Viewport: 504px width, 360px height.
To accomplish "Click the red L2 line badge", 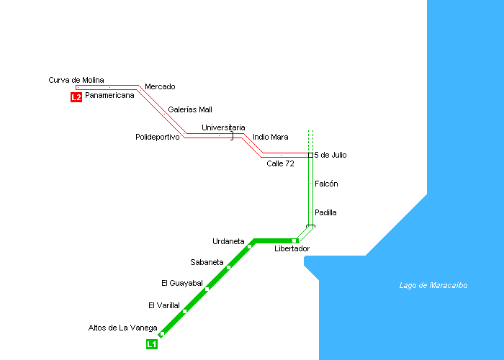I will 76,97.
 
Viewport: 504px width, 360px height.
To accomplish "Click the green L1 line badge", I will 151,344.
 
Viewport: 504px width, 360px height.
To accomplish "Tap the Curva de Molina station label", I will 76,80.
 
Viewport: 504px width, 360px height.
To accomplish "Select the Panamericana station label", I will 109,95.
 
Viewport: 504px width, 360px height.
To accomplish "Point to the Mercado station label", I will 160,87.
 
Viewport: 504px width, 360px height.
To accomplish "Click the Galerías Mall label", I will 190,110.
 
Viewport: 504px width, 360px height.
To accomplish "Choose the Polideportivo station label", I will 157,137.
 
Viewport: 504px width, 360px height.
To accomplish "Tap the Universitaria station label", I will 223,127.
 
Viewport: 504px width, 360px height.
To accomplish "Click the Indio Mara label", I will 271,137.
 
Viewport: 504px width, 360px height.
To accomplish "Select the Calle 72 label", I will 280,163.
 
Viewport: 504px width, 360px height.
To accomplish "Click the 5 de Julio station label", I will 336,155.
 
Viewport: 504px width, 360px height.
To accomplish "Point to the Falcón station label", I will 326,184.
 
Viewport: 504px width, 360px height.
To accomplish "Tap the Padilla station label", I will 325,213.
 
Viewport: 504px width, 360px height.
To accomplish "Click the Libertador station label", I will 292,249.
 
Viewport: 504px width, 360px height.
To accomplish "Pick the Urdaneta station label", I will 228,241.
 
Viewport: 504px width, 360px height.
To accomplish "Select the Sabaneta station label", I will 207,262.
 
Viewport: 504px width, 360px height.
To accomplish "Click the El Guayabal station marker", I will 207,289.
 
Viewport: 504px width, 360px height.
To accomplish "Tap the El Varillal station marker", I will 185,311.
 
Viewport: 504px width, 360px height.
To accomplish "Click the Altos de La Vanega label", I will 122,328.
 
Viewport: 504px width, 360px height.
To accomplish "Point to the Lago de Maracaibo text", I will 433,285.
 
